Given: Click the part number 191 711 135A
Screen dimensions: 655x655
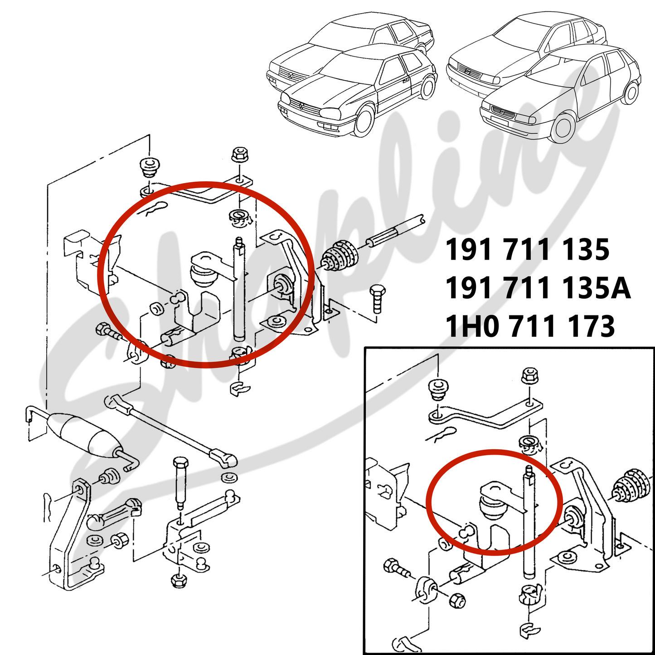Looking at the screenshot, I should pos(538,288).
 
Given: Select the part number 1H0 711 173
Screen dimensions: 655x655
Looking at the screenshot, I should pos(530,326).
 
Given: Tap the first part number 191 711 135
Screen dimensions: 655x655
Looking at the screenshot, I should pos(528,250).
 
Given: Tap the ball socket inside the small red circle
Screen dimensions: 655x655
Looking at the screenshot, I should pos(491,507).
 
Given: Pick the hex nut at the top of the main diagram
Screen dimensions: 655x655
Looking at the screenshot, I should pos(238,155).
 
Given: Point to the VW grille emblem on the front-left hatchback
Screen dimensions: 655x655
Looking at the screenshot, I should pos(301,106).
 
